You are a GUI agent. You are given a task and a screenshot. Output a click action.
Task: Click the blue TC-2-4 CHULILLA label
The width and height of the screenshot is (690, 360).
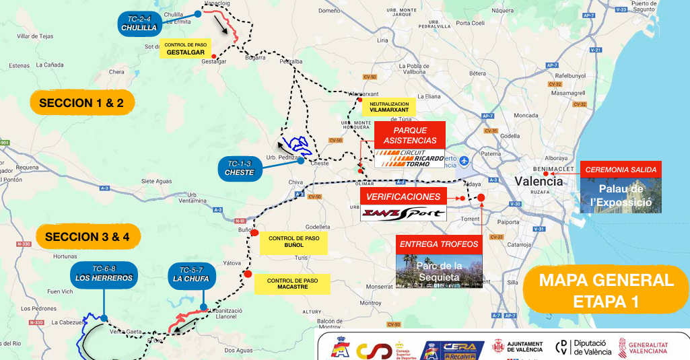[x=139, y=24]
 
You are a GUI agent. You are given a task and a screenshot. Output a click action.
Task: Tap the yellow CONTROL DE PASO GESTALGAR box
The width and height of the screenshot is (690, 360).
[x=185, y=48]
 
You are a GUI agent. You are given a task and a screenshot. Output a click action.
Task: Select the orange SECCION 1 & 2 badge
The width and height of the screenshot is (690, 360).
[x=82, y=103]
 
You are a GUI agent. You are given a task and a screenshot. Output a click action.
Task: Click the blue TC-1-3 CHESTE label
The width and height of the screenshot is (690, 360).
[x=240, y=168]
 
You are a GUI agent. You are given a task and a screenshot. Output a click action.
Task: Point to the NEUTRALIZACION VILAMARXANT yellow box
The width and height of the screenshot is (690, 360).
[x=388, y=107]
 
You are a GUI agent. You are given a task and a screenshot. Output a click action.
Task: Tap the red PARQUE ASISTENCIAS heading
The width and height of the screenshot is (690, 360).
[x=410, y=135]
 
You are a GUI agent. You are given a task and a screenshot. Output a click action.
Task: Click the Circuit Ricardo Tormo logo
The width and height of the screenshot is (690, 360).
[x=410, y=158]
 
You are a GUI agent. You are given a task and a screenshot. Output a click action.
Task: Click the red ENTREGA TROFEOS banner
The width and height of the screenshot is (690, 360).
[x=439, y=244]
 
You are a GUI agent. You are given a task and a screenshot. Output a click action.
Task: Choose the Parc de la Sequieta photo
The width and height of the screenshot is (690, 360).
[x=439, y=271]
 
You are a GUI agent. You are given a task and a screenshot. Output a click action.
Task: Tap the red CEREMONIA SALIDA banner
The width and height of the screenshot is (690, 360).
[x=621, y=170]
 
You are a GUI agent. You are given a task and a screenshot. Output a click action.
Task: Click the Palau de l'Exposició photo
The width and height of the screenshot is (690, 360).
[x=621, y=196]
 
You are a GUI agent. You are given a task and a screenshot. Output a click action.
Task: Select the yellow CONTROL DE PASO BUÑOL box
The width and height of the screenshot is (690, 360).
[x=293, y=243]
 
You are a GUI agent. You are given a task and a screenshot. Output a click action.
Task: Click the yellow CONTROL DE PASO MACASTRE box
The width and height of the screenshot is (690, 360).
[x=292, y=285]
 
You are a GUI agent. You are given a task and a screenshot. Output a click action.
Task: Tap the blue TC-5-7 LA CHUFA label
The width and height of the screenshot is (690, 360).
[x=191, y=275]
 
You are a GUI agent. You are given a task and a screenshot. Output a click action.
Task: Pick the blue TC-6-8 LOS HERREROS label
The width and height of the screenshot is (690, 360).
[x=104, y=274]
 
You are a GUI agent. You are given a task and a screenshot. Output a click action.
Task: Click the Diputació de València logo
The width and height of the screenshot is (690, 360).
[x=584, y=347]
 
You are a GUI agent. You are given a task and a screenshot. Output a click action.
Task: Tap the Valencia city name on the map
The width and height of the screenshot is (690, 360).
[x=539, y=181]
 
